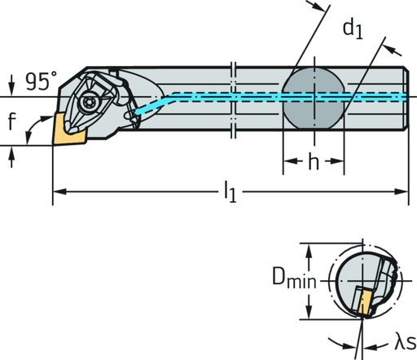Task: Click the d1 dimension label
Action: pos(352,30)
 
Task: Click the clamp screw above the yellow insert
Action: pos(86,102)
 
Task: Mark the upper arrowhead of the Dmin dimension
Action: pos(309,248)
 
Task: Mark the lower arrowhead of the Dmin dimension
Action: pos(309,316)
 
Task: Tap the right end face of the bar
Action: pos(406,96)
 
